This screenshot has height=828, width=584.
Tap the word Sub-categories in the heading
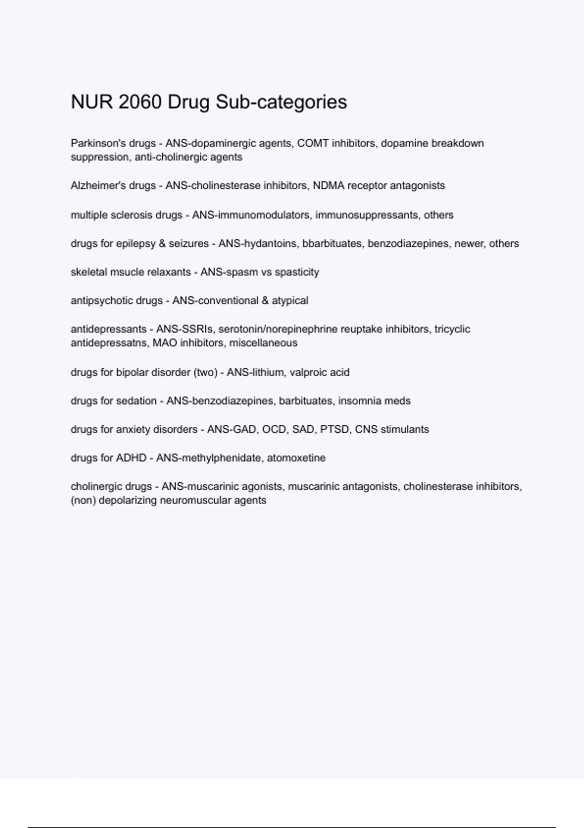tap(281, 102)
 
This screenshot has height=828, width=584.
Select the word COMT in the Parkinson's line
tap(313, 143)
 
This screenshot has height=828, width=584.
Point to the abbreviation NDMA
tap(328, 186)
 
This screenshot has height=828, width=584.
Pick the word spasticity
tap(297, 272)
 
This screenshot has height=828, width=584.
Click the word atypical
tap(290, 301)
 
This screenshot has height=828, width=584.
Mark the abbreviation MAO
tap(164, 343)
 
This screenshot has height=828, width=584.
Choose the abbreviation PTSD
tap(334, 430)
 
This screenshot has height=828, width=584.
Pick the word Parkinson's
tap(97, 143)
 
